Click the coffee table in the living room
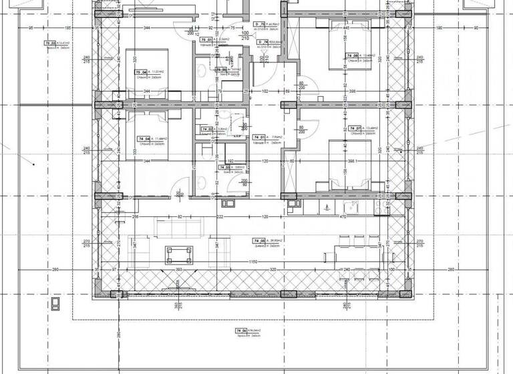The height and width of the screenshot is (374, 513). coord(178,253)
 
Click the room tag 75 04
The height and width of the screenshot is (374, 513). coord(141,73)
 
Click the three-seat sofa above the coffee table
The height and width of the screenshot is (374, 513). coord(178,227)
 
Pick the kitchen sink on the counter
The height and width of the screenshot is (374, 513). coord(350,205)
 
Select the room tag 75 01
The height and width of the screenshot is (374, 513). coord(208,40)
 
